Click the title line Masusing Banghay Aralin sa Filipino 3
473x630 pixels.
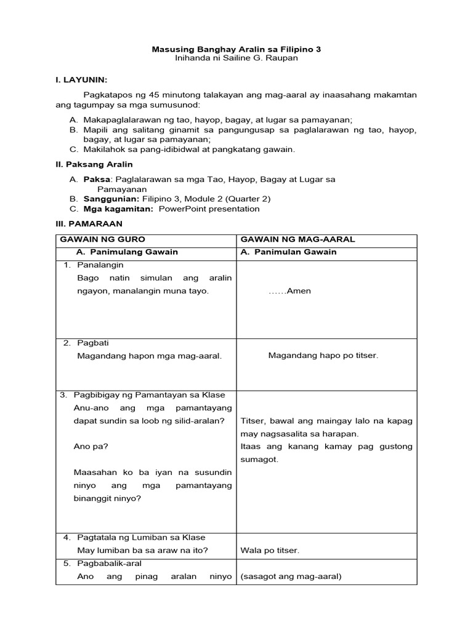click(236, 49)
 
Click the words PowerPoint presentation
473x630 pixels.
click(209, 209)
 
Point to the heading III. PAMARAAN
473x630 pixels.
click(89, 223)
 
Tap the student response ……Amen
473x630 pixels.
click(289, 291)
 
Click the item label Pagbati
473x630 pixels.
click(93, 343)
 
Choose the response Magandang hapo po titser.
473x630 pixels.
click(323, 355)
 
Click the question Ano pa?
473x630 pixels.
click(86, 446)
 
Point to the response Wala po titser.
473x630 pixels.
click(270, 550)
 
